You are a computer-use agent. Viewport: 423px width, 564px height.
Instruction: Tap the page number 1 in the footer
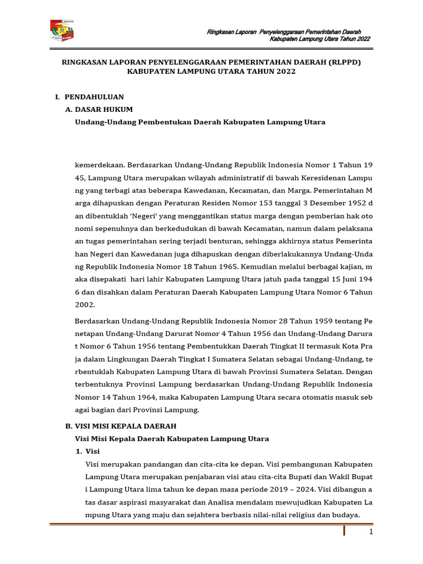point(371,532)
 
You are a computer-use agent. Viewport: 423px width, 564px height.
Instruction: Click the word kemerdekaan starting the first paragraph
point(99,164)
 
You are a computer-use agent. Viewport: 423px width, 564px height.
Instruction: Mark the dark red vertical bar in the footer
point(345,530)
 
